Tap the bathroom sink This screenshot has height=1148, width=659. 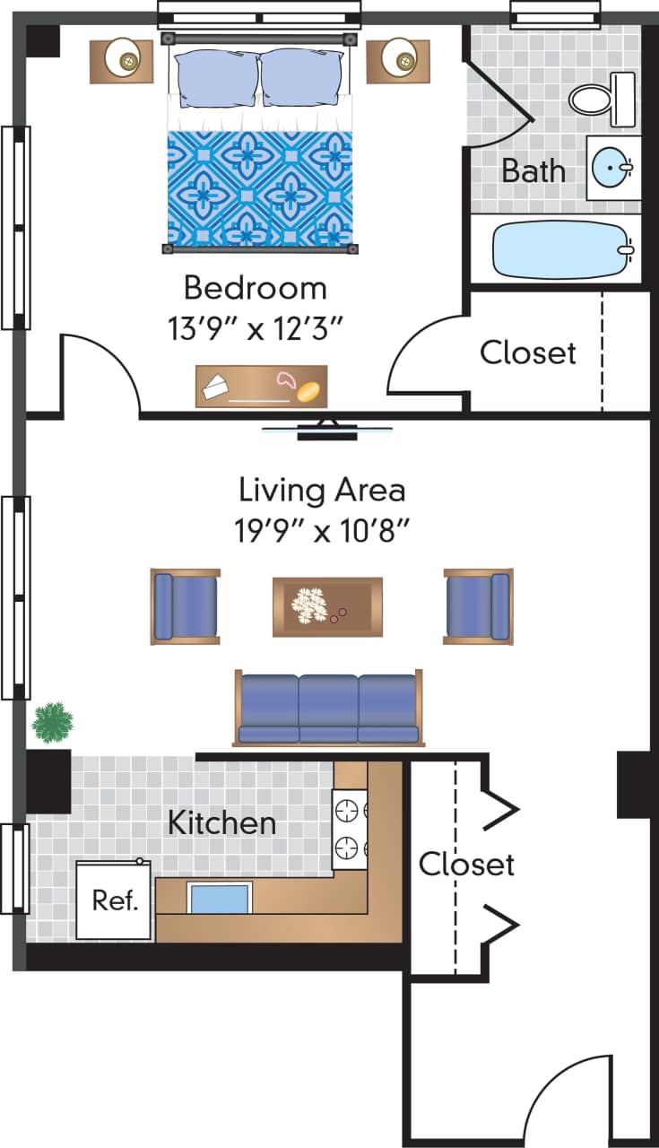click(613, 167)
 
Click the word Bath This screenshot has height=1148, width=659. click(533, 170)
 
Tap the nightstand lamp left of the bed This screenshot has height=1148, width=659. click(121, 59)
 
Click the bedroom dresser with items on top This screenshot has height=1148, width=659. click(261, 386)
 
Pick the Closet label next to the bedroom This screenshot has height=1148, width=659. click(528, 352)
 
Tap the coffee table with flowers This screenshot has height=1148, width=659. click(327, 605)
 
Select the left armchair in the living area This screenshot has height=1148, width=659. click(186, 606)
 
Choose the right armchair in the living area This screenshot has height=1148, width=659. click(478, 606)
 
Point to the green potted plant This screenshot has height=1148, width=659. click(52, 722)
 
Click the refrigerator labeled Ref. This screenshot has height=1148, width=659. click(114, 900)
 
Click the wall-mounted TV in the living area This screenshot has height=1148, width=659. click(327, 430)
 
